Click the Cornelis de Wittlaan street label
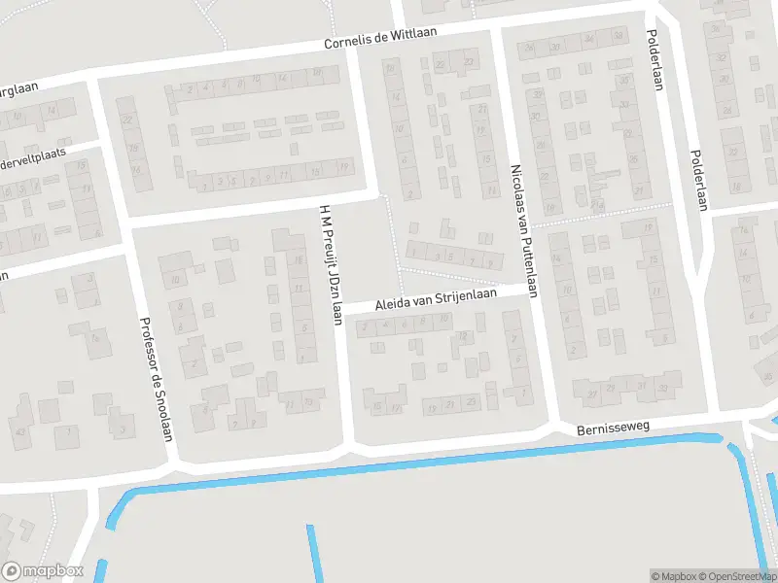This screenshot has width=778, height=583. (x=380, y=39)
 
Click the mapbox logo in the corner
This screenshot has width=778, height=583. (x=42, y=571)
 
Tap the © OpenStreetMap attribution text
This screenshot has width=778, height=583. (x=728, y=576)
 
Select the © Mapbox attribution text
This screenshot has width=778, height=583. (x=671, y=576)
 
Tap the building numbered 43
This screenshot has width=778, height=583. (x=19, y=431)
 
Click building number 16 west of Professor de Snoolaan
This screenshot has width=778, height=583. (x=94, y=337)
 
